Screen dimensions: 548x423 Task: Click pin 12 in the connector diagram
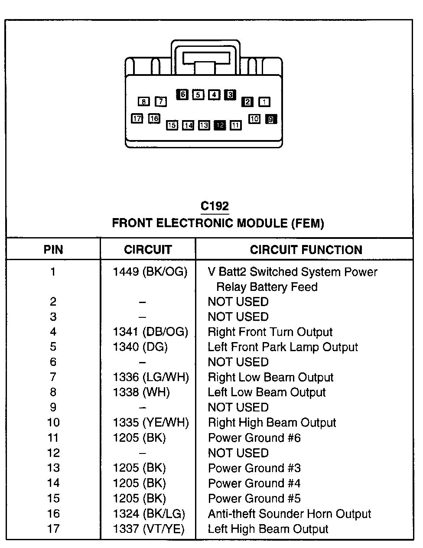coord(220,125)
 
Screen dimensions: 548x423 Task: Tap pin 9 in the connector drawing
coord(271,119)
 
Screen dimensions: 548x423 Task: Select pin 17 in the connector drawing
coord(137,118)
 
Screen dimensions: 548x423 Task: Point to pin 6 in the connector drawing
coord(182,95)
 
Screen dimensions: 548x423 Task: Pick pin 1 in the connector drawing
coord(264,102)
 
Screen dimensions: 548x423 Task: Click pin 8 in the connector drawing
coord(143,102)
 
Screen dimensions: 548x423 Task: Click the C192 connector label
coord(215,206)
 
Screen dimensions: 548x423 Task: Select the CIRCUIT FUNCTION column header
coord(306,250)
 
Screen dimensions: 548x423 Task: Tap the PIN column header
coord(53,250)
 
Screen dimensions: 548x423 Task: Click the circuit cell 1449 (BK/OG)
coord(150,272)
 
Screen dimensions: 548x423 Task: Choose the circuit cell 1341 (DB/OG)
coord(150,332)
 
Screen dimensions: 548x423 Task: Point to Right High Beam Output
coord(272,423)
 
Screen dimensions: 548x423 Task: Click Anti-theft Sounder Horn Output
coord(290,514)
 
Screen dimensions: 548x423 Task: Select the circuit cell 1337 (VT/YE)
coord(149,529)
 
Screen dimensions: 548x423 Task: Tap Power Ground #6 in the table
coord(254,438)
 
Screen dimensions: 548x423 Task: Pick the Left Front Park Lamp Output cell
coord(283,347)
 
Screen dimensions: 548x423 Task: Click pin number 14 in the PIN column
coord(53,483)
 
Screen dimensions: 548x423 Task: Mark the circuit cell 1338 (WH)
coord(141,392)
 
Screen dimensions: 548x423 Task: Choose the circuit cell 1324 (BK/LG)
coord(149,514)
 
